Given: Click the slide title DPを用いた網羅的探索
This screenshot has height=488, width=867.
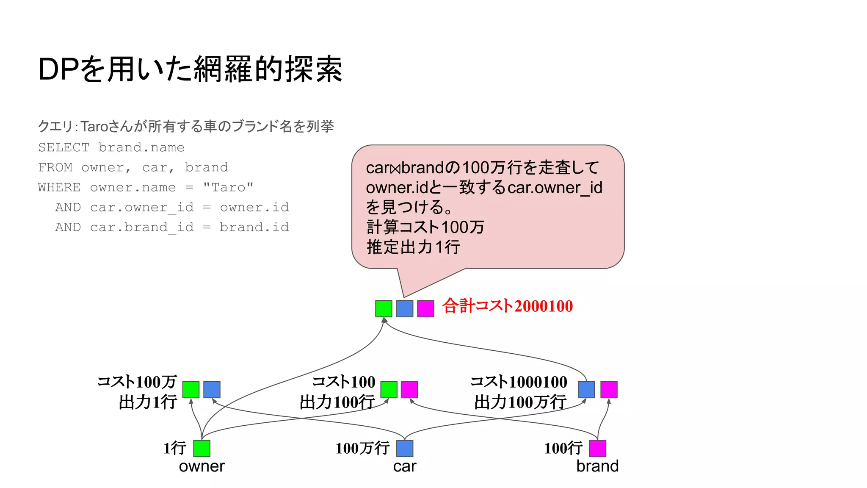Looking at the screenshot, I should click(190, 69).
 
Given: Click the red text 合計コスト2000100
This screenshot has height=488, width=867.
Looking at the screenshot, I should click(507, 306).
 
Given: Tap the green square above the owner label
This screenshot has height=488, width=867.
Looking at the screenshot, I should click(202, 448).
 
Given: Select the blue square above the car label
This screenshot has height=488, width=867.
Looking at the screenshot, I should click(405, 448).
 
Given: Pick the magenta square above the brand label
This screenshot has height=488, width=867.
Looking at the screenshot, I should click(597, 448).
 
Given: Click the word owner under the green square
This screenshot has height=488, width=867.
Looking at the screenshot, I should click(202, 466).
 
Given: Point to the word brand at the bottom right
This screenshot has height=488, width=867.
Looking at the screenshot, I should click(597, 466).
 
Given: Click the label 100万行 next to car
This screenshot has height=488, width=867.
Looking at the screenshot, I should click(362, 448).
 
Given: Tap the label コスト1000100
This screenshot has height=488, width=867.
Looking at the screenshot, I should click(519, 382).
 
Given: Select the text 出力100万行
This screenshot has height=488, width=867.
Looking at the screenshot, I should click(520, 402).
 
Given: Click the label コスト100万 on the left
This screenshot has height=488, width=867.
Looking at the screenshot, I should click(137, 382).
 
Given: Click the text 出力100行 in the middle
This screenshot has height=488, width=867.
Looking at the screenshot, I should click(337, 402).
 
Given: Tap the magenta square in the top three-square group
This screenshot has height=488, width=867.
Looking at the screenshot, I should click(425, 308).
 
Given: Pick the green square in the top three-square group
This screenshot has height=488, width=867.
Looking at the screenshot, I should click(384, 308).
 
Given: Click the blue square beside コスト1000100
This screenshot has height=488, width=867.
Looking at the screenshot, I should click(586, 389).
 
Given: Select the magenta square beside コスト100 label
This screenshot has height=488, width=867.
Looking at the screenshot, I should click(409, 389).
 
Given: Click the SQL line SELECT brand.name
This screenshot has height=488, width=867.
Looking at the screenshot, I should click(111, 147).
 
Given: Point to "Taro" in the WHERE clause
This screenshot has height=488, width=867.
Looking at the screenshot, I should click(228, 187).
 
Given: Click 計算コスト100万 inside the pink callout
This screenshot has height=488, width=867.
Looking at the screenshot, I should click(425, 227).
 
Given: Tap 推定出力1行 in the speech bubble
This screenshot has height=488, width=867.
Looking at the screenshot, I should click(413, 247).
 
